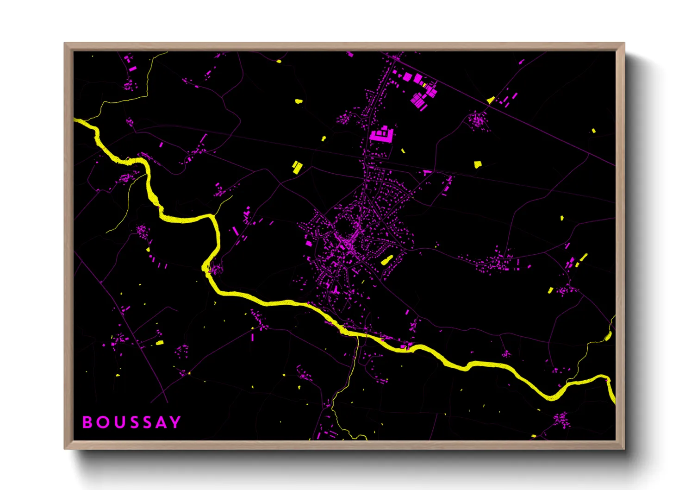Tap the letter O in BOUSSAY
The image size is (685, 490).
(x=102, y=422)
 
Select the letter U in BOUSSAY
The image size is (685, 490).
(x=117, y=422)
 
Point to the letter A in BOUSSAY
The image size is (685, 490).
(x=160, y=422)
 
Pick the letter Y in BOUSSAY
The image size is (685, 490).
(x=175, y=422)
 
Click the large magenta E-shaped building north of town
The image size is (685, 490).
(x=382, y=134)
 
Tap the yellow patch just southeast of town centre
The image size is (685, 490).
(x=386, y=260)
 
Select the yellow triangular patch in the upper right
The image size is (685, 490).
(x=491, y=100)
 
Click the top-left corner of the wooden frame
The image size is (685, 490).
(x=65, y=44)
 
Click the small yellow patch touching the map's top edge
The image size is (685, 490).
(x=279, y=61)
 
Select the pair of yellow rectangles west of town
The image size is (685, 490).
(x=296, y=167)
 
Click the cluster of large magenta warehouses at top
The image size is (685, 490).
(x=420, y=90)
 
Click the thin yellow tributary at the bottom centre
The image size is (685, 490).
(x=345, y=389)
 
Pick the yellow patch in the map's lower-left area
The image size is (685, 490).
(x=159, y=343)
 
